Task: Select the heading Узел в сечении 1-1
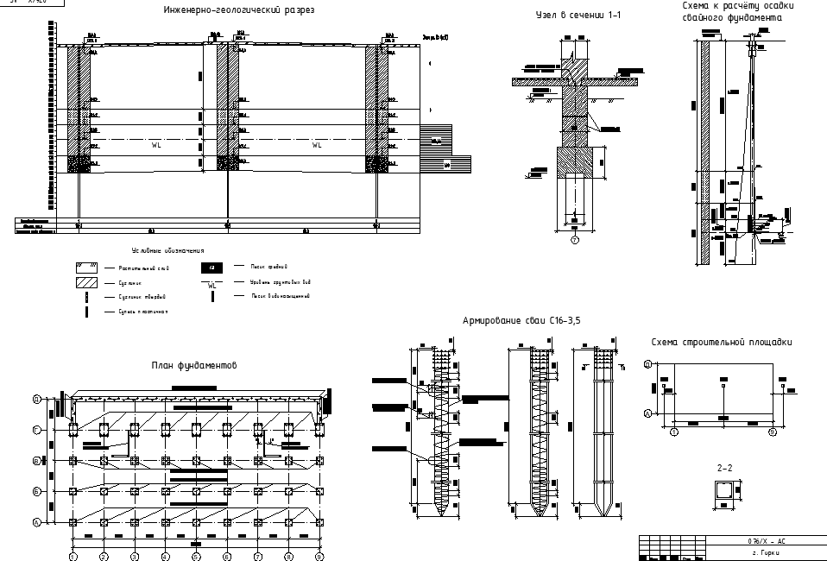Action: coord(578,16)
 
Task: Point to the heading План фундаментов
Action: coord(195,366)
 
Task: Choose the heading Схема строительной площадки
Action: coord(722,343)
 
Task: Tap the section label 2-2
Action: coord(725,468)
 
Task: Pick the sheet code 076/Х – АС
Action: coord(767,539)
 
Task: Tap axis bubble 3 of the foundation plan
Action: coord(134,557)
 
